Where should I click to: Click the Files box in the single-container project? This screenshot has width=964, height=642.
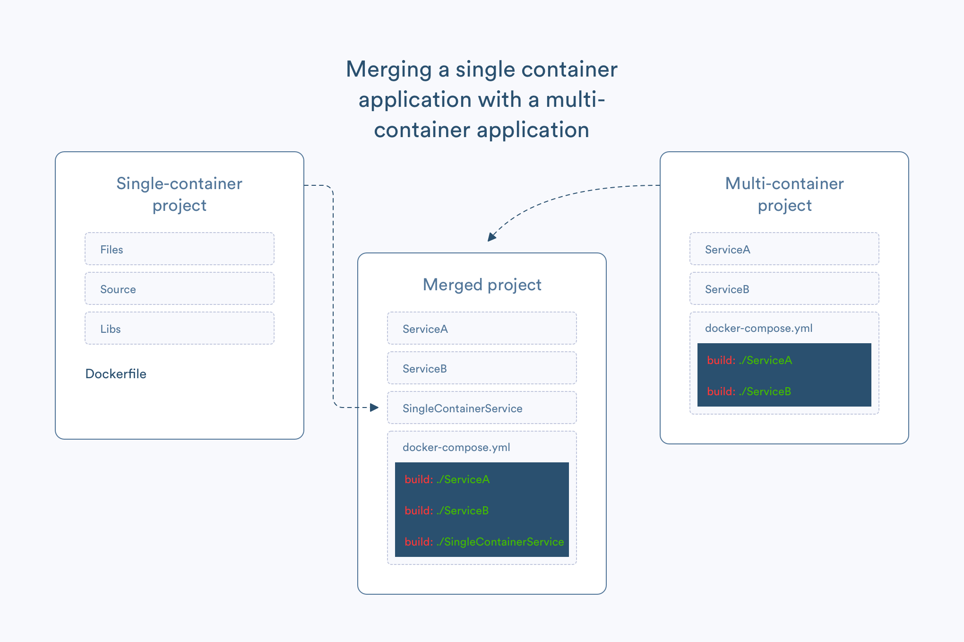(179, 249)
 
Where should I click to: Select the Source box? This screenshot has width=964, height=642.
(179, 288)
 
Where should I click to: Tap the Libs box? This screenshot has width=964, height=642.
(179, 328)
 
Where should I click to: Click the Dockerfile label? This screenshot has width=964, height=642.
(116, 374)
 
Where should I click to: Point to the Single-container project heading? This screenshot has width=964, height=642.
(179, 194)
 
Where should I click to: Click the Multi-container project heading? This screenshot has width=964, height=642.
(784, 194)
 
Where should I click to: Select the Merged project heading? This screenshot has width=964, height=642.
(482, 285)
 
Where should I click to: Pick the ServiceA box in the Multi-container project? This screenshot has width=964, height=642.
(784, 249)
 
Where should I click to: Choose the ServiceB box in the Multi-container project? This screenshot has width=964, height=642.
(784, 288)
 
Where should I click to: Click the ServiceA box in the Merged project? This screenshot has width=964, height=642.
(482, 328)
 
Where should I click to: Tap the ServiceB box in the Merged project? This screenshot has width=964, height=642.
(482, 368)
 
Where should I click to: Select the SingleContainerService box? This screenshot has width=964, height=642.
(482, 408)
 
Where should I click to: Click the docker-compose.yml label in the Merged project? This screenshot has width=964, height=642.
(456, 447)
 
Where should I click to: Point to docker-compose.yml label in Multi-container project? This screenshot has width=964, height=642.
(758, 328)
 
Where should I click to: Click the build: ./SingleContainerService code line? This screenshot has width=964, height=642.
(484, 542)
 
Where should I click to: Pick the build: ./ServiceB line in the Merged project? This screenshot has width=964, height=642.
(447, 511)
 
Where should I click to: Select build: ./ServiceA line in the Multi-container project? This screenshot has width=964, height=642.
(749, 360)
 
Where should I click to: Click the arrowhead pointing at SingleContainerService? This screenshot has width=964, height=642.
(375, 407)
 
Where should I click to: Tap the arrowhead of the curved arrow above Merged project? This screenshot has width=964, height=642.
(491, 237)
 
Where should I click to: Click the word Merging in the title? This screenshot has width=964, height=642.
(388, 69)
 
